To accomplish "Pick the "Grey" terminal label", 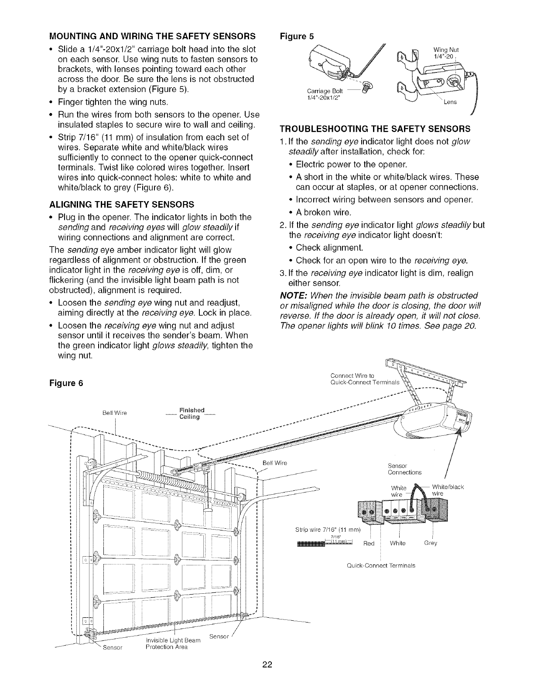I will pos(431,543).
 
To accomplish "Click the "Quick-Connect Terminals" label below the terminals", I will pos(381,565).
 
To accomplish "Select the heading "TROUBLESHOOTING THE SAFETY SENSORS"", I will pos(375,129).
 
